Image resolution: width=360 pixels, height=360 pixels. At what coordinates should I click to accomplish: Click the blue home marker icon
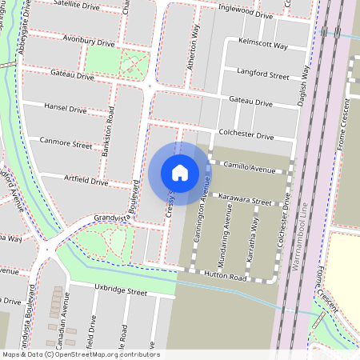180,172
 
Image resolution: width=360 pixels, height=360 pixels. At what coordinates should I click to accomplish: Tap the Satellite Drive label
78,6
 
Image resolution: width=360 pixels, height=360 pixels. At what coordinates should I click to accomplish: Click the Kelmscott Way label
262,45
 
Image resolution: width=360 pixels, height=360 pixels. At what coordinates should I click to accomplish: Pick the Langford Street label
263,74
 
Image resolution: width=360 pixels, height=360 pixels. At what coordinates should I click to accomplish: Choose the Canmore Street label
66,145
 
